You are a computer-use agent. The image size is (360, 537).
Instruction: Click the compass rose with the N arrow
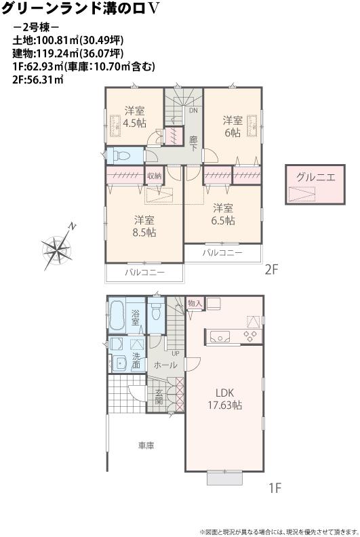(56, 248)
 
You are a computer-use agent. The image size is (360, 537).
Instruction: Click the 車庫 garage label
(146, 445)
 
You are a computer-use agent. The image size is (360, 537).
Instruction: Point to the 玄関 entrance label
(159, 397)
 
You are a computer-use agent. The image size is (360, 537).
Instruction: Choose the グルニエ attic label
(315, 177)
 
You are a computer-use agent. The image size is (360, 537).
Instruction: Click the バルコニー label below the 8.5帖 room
(144, 273)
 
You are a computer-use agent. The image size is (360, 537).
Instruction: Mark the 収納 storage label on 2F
(155, 176)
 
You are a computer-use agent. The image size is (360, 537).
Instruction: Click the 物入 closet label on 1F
(195, 302)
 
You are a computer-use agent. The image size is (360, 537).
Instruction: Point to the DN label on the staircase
(193, 110)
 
